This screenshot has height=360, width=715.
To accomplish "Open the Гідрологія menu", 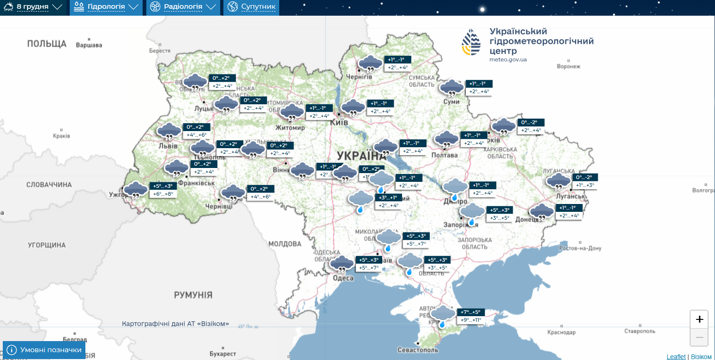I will pyautogui.click(x=106, y=7).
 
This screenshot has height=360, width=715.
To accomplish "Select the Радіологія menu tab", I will pyautogui.click(x=183, y=7).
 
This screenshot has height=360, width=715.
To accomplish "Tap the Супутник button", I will pyautogui.click(x=252, y=7).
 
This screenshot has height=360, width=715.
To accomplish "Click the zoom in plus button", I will pyautogui.click(x=699, y=319).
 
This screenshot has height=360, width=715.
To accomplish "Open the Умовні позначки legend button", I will pyautogui.click(x=44, y=350).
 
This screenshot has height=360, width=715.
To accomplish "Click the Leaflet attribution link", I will pyautogui.click(x=676, y=357).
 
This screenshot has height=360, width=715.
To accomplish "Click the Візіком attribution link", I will pyautogui.click(x=701, y=357).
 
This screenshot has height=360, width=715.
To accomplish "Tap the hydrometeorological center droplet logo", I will pyautogui.click(x=471, y=42).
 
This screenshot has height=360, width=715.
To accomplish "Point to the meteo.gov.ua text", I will pyautogui.click(x=508, y=60).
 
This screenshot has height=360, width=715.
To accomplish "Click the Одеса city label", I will pyautogui.click(x=343, y=278).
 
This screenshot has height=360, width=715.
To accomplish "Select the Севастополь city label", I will pyautogui.click(x=418, y=350).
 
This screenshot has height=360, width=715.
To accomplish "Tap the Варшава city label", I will pyautogui.click(x=89, y=45).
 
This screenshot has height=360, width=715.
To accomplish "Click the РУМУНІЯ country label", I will pyautogui.click(x=193, y=295).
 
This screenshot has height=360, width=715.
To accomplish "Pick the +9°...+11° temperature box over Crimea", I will pyautogui.click(x=470, y=320).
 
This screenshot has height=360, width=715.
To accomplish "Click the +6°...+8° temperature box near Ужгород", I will pyautogui.click(x=163, y=194).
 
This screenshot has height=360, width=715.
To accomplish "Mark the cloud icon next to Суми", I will pyautogui.click(x=451, y=87).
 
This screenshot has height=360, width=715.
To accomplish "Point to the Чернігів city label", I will pyautogui.click(x=359, y=77).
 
